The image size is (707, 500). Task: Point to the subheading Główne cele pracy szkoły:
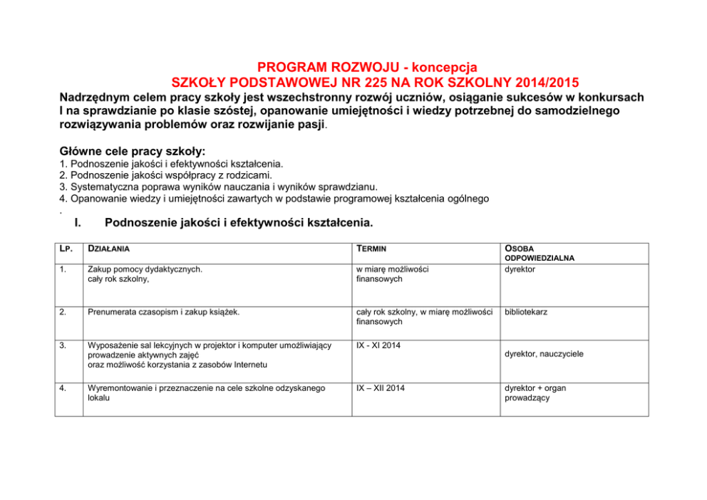pos(133,152)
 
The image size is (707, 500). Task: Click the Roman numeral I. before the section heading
pos(78,223)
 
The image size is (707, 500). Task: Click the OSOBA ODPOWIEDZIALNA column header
pos(540,253)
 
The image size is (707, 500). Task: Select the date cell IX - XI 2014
pos(380,345)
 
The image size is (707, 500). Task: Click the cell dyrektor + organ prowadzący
pos(535,393)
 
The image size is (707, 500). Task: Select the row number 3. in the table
pos(63,345)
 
